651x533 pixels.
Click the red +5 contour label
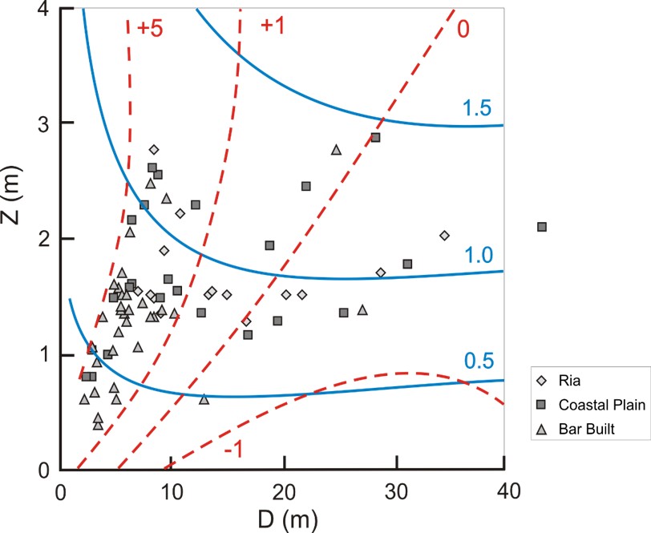coord(151,26)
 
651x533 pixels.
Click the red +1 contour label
coord(273,26)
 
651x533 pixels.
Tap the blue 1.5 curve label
coord(476,109)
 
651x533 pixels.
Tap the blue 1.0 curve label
coord(476,255)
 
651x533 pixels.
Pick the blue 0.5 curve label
coord(476,362)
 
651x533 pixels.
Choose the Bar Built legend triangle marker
coord(542,430)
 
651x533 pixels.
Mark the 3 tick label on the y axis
coord(46,123)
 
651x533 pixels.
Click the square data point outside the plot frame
coord(541,227)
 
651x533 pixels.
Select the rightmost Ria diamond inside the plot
coord(444,235)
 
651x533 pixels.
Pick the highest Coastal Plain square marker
coord(375,138)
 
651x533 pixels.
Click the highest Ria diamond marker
coord(154,149)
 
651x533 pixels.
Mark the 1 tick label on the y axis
coord(46,354)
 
